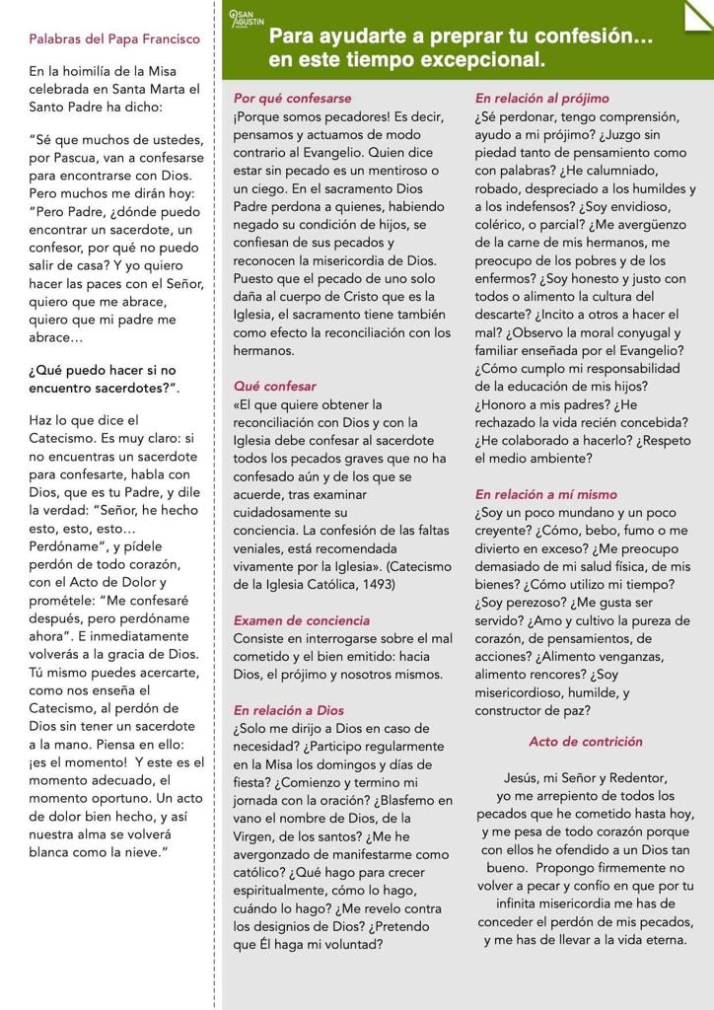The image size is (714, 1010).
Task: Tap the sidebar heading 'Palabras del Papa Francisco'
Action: pyautogui.click(x=114, y=39)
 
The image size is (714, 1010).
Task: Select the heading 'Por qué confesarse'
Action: pyautogui.click(x=292, y=99)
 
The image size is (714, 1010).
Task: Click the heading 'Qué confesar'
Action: pyautogui.click(x=275, y=386)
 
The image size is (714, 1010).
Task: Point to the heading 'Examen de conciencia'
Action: pyautogui.click(x=302, y=620)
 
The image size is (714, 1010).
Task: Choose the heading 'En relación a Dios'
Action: pyautogui.click(x=288, y=710)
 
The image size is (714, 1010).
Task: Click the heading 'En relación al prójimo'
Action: pyautogui.click(x=541, y=99)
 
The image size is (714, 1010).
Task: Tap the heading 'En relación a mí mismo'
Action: pyautogui.click(x=545, y=494)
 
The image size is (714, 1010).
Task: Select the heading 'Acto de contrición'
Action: pyautogui.click(x=585, y=742)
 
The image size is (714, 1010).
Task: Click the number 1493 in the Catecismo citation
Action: pyautogui.click(x=376, y=585)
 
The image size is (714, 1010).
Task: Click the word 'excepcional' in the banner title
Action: pyautogui.click(x=486, y=60)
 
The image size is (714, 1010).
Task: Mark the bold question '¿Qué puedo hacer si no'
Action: pyautogui.click(x=103, y=370)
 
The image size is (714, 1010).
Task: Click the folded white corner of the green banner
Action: pyautogui.click(x=699, y=14)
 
